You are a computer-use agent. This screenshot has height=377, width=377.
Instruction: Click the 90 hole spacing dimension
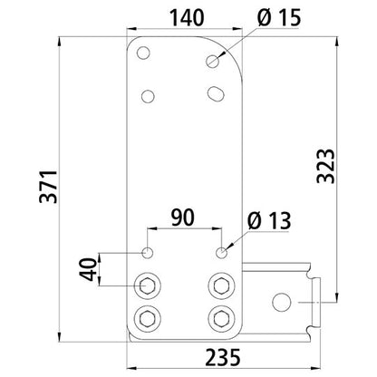pos(182,218)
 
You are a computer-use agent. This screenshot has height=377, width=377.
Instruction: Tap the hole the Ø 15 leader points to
pos(214,62)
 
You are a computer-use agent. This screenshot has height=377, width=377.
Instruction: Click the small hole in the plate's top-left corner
pos(141,53)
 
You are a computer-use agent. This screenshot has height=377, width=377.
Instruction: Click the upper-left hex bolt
pos(147,285)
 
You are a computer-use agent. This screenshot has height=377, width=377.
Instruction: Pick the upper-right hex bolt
pos(218,285)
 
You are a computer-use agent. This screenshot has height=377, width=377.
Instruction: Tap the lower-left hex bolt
pos(147,317)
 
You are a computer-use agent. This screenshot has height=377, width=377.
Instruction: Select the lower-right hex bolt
pos(218,317)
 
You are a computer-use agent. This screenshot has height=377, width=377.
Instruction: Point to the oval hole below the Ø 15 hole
pos(216,92)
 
